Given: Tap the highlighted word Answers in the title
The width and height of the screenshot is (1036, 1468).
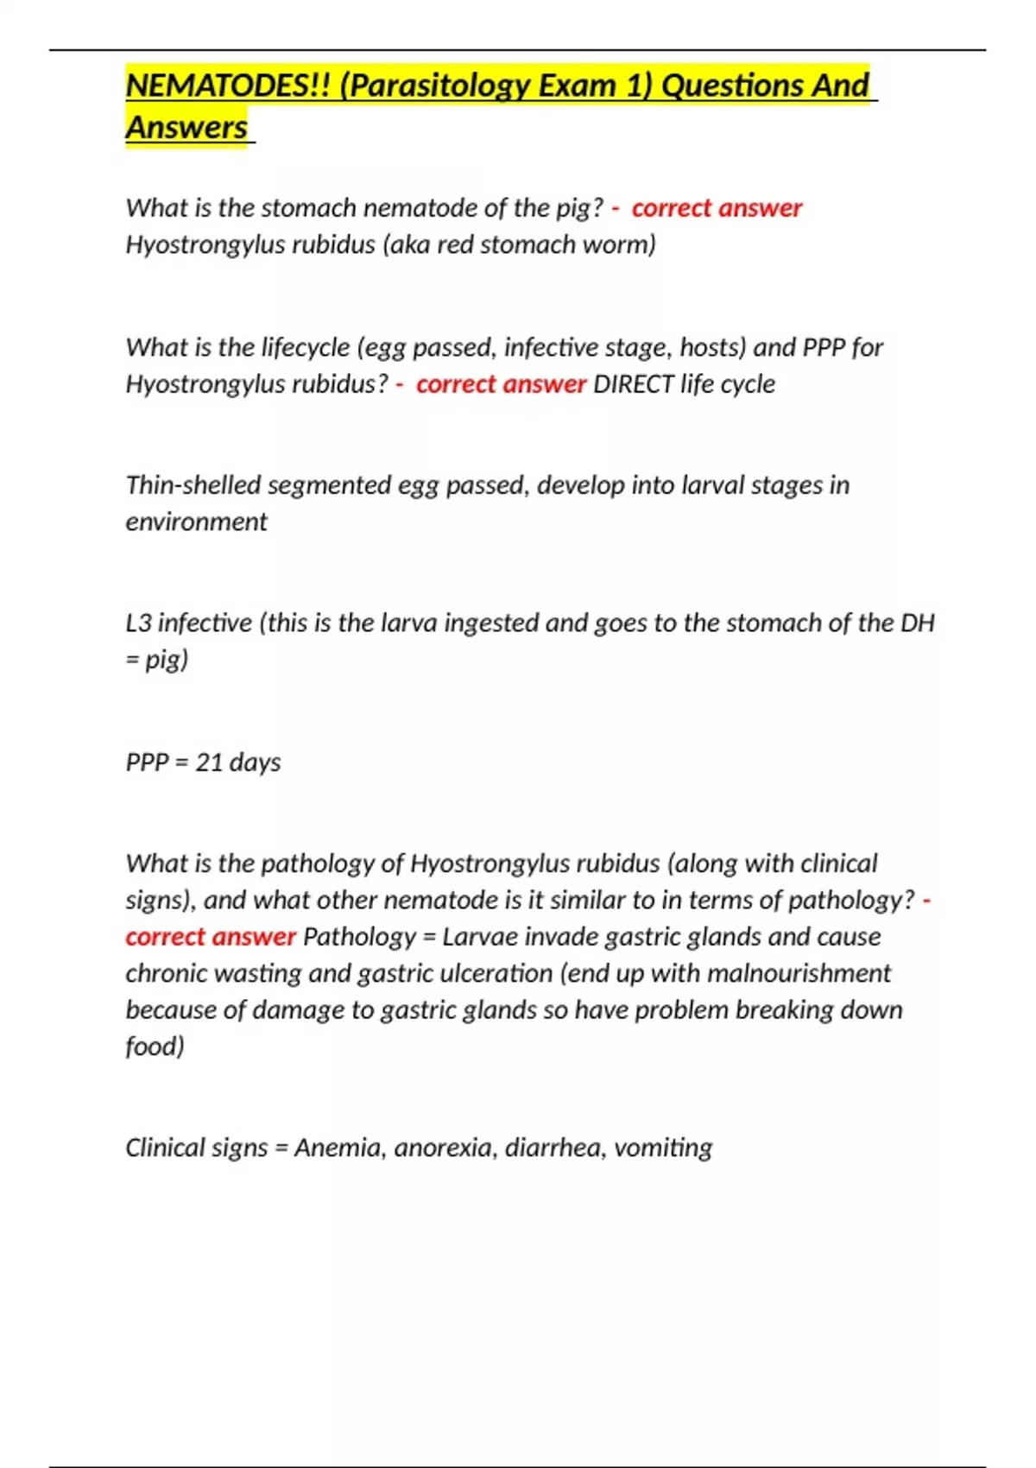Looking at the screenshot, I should point(186,127).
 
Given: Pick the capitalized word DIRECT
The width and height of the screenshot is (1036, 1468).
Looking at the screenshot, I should point(633,383).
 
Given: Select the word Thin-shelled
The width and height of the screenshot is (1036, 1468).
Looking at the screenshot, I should point(193,485).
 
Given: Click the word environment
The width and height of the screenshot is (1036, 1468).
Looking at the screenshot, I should point(196,522).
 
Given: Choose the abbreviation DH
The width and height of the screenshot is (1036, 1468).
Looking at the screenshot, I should point(917,623).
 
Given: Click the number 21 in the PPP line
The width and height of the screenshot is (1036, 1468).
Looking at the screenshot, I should point(209,762).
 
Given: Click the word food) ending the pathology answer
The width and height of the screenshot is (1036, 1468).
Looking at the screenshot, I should point(155,1047).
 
